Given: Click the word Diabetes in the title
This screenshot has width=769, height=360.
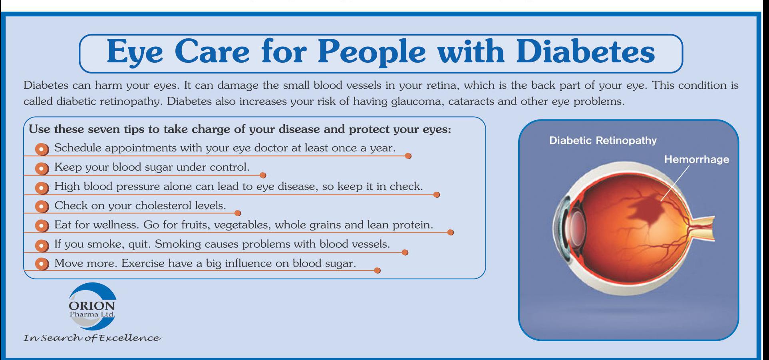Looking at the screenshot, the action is click(585, 52).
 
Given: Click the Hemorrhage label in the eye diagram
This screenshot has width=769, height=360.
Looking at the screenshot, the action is click(696, 159).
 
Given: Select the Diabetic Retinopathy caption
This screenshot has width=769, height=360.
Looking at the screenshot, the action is click(603, 141).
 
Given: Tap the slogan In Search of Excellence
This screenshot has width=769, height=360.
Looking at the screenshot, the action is click(92, 338).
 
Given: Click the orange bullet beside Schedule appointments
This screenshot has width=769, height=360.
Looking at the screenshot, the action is click(42, 149).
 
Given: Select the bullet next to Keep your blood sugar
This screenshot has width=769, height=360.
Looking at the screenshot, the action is click(42, 168).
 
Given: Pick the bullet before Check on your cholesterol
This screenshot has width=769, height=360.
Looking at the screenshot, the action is click(42, 207).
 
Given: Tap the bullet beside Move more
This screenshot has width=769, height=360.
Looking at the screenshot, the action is click(42, 264).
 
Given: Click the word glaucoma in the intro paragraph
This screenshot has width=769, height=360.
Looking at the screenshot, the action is click(417, 101).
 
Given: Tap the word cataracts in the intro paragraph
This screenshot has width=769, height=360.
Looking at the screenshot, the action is click(471, 101).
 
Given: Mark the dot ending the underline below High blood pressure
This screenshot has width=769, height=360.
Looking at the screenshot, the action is click(437, 195).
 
